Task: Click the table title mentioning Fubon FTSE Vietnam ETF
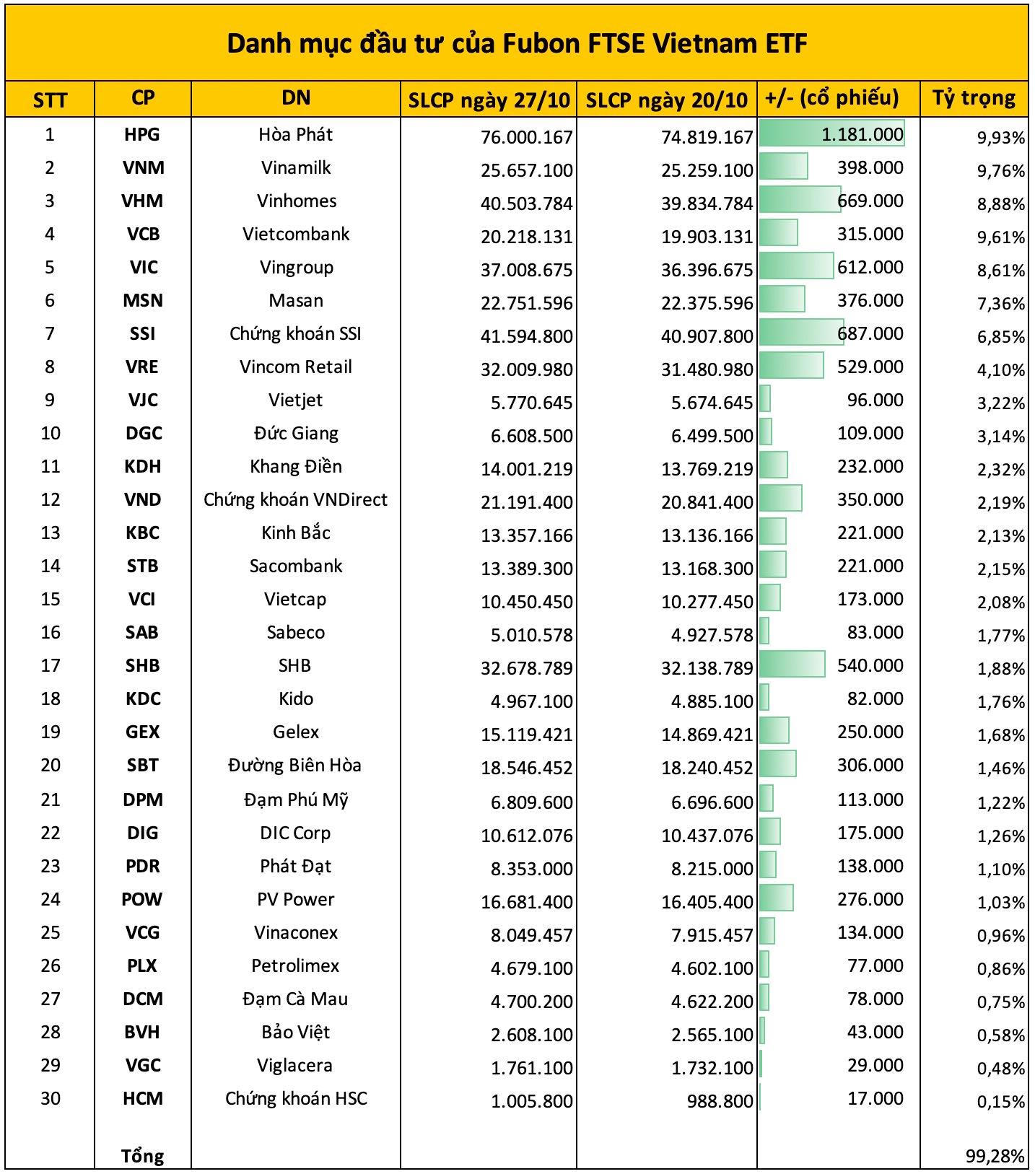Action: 517,44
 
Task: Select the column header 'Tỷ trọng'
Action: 974,98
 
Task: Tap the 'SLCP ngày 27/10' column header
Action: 489,100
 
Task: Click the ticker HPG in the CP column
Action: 142,134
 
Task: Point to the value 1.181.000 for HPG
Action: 862,134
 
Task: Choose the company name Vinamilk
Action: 296,167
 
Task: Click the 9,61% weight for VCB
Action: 1000,237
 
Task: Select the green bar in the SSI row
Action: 801,333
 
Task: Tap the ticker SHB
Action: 142,665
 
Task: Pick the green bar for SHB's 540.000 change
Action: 792,665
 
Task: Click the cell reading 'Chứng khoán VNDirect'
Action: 295,499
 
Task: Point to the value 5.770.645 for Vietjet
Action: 531,403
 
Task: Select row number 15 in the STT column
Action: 50,599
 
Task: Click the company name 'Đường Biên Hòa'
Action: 295,765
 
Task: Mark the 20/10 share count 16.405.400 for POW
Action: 707,902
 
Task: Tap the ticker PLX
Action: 142,965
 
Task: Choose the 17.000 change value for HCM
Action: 875,1098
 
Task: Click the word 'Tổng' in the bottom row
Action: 142,1156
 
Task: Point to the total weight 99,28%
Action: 995,1157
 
